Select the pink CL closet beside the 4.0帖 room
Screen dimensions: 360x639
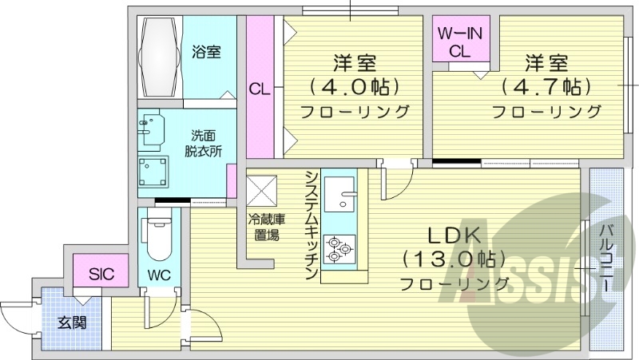tap(259, 88)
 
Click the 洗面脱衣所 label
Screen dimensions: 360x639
tap(202, 142)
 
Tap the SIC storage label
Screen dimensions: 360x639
tap(101, 275)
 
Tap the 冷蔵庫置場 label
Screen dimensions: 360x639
tap(262, 227)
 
